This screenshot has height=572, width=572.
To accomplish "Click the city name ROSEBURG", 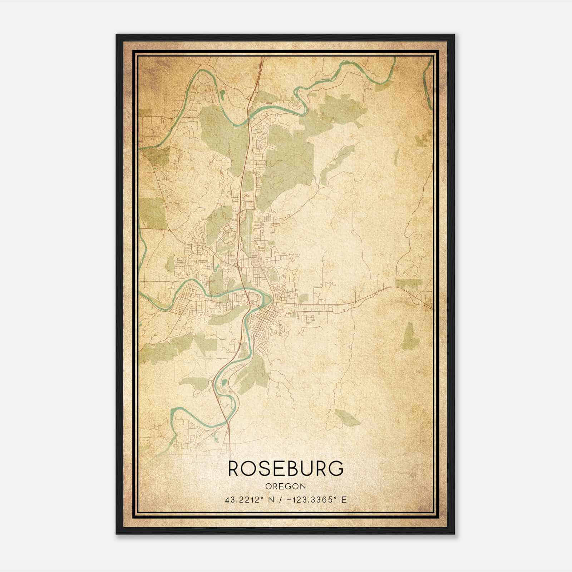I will click(x=286, y=468).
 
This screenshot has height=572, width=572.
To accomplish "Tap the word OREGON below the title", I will click(x=286, y=487).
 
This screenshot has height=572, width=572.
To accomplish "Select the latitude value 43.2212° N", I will click(x=247, y=500).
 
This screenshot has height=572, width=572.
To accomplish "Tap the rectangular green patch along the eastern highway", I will click(x=409, y=283).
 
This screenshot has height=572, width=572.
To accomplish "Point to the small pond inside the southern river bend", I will click(x=224, y=383).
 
